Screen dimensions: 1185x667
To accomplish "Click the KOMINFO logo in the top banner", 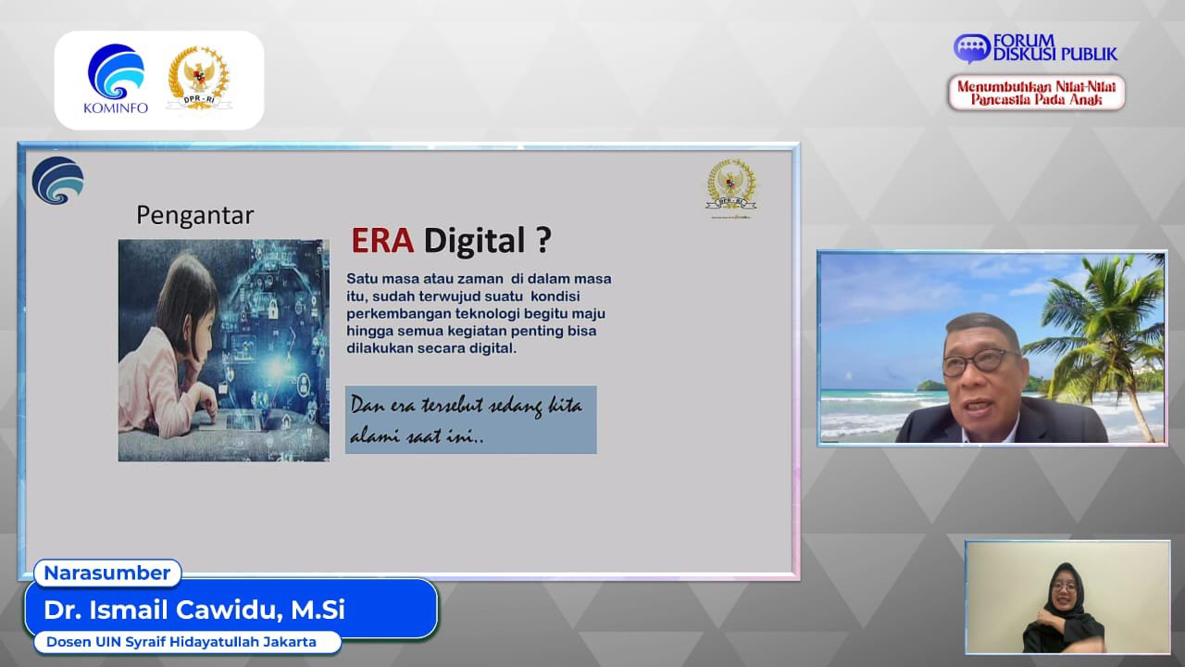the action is click(x=116, y=79).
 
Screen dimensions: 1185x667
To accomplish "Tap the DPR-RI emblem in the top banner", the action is click(x=199, y=79).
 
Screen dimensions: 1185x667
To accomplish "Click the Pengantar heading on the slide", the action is click(x=194, y=216).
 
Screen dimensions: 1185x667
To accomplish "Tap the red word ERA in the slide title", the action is click(x=382, y=240).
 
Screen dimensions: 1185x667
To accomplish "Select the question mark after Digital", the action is click(x=543, y=240).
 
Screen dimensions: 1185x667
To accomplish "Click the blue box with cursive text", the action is click(x=471, y=420).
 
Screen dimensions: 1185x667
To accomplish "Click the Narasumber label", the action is click(x=107, y=573).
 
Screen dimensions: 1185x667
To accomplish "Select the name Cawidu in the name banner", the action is click(x=228, y=610).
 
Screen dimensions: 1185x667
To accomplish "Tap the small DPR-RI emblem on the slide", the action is click(x=731, y=187).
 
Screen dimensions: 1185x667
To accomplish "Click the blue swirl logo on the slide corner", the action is click(x=57, y=180).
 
